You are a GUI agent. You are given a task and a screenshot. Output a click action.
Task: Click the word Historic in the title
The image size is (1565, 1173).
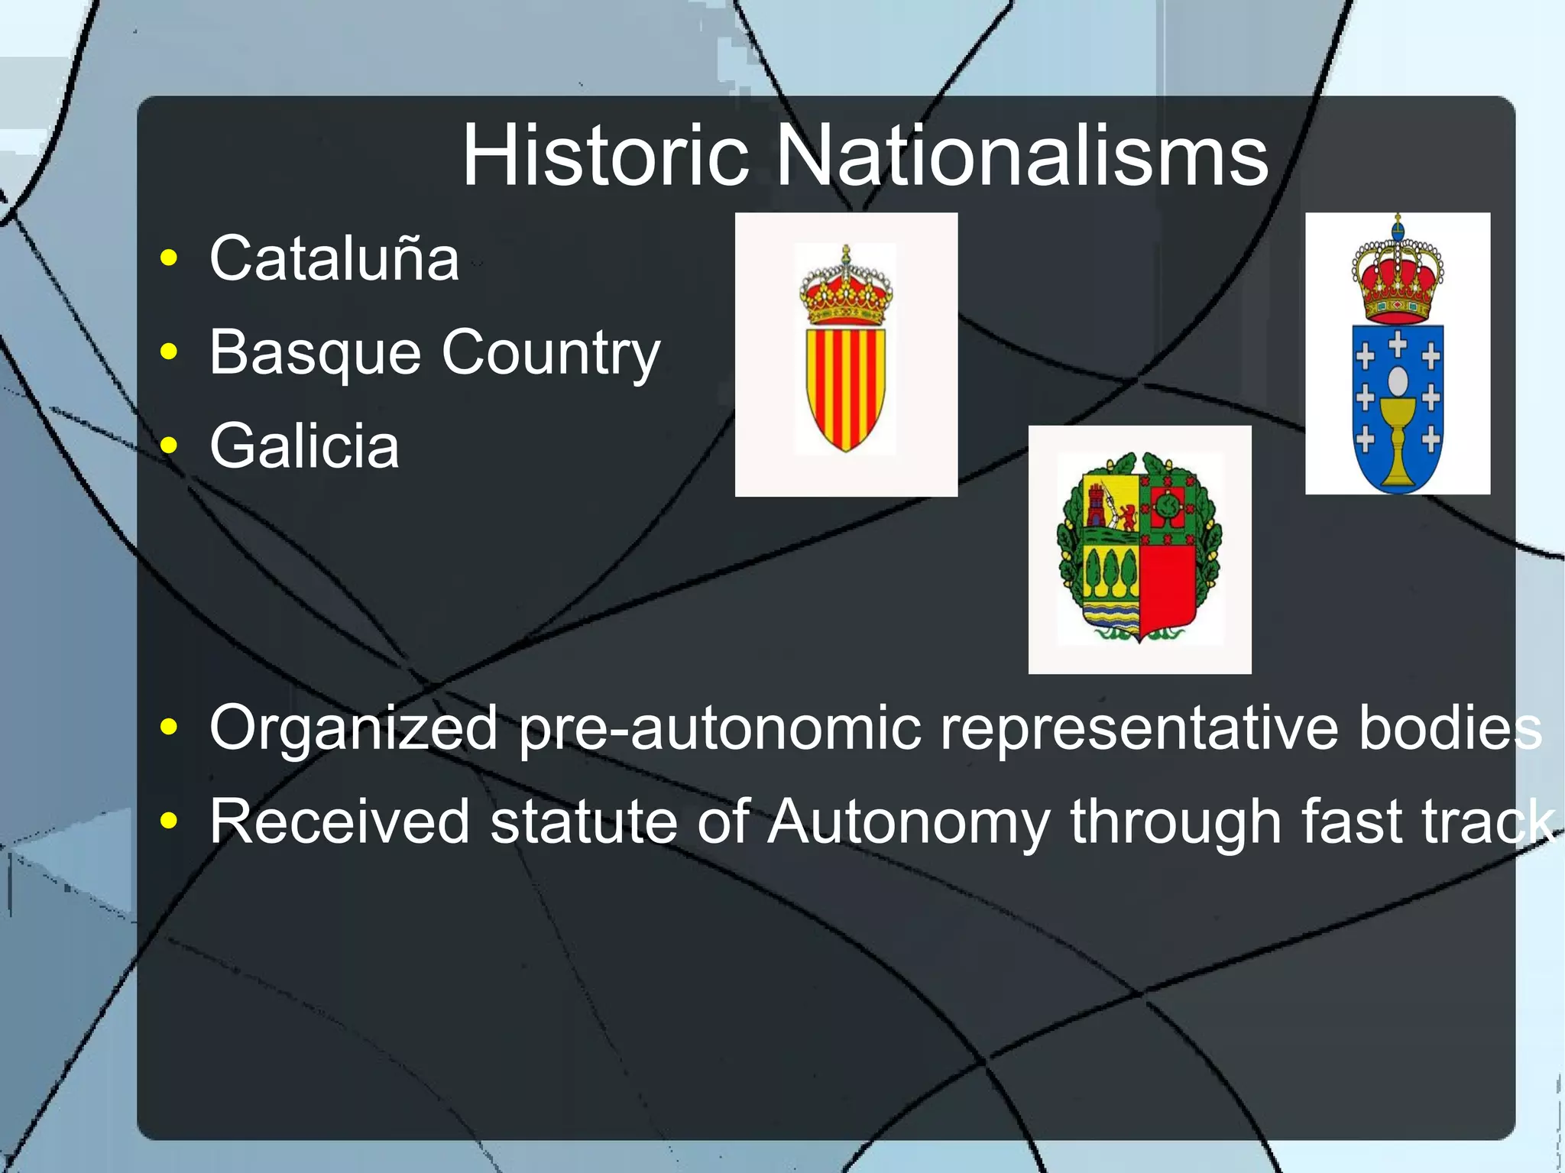(x=605, y=157)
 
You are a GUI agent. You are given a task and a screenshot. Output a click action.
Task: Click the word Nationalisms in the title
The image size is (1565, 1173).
(x=1022, y=157)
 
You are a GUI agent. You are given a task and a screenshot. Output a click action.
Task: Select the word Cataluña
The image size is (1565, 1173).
(x=335, y=258)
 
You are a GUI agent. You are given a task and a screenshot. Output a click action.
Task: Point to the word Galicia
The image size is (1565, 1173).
(x=304, y=446)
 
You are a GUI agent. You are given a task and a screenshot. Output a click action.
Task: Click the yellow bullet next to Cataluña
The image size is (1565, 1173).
(x=169, y=258)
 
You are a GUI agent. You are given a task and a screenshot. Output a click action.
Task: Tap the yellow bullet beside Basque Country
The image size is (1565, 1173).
(x=169, y=352)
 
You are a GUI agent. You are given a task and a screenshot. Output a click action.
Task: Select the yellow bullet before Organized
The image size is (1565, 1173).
(x=169, y=727)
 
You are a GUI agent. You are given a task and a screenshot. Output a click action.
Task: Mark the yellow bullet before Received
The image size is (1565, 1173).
(x=169, y=821)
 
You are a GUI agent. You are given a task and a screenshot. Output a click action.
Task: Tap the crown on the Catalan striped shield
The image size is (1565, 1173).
(x=846, y=288)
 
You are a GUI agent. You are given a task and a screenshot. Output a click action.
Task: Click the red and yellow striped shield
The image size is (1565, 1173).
(x=846, y=387)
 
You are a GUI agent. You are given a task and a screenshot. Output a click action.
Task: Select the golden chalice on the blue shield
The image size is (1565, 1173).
(x=1398, y=443)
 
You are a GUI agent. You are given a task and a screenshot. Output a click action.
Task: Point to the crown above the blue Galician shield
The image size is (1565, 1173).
(x=1398, y=275)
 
